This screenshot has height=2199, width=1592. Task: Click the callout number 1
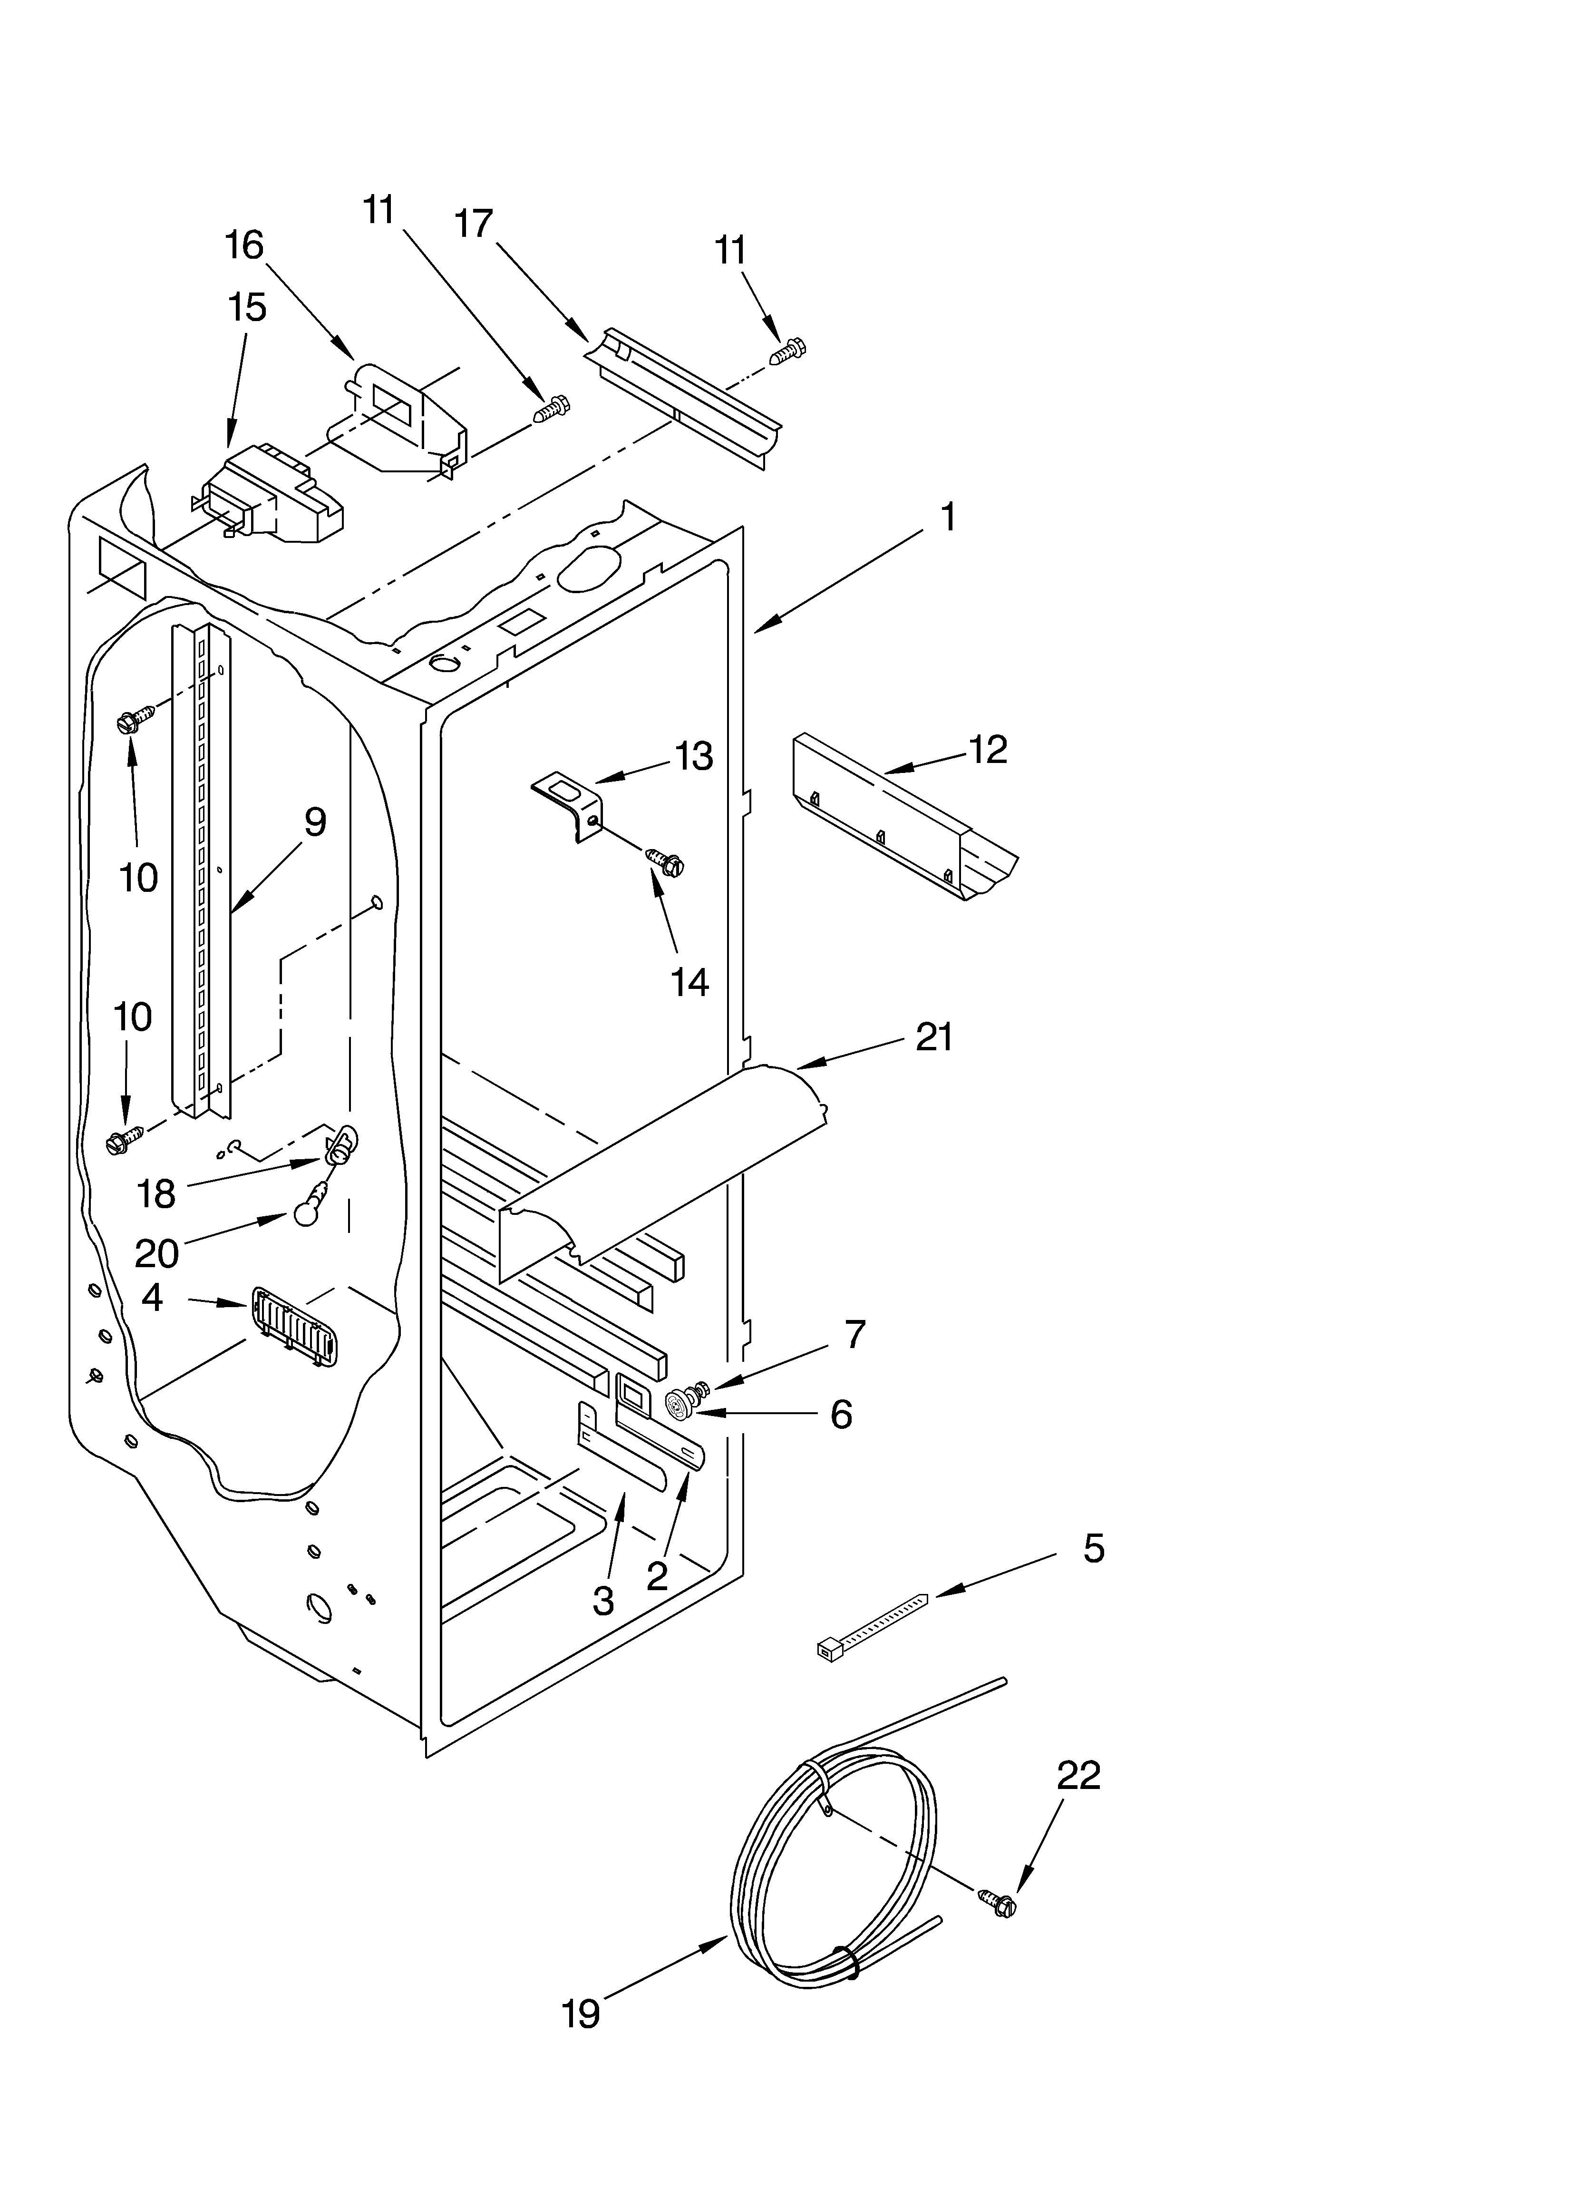click(x=948, y=518)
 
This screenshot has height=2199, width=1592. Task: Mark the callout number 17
click(x=474, y=224)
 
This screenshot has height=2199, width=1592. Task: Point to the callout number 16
click(x=244, y=245)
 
